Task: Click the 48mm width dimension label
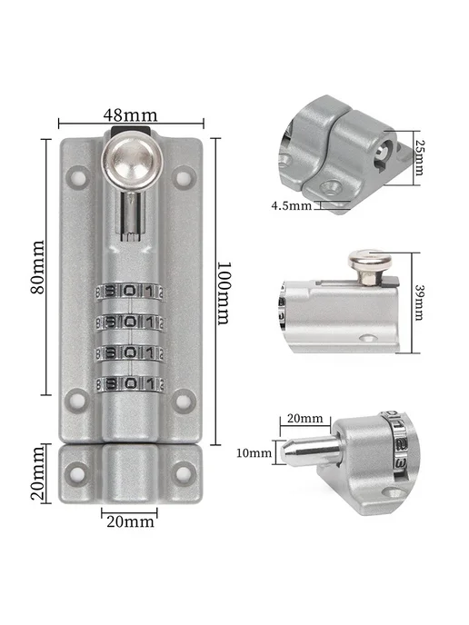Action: click(x=130, y=115)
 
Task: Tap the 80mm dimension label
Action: click(x=38, y=267)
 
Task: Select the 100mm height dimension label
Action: click(x=224, y=293)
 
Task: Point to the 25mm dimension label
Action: click(x=418, y=157)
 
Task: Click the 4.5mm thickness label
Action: click(x=291, y=205)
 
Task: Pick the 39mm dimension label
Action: click(x=419, y=303)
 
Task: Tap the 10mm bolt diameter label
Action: click(x=254, y=452)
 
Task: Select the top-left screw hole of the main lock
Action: click(x=77, y=176)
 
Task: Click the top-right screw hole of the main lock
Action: click(x=184, y=178)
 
